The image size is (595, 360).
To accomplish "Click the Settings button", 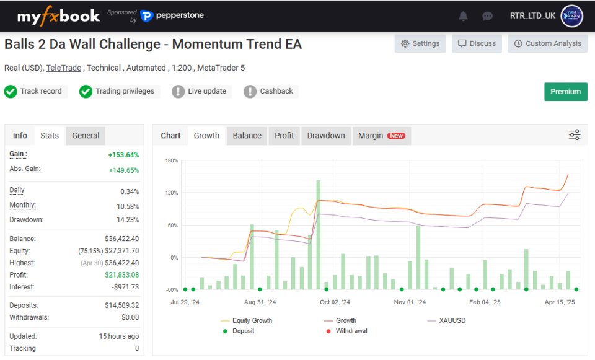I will click(x=420, y=43).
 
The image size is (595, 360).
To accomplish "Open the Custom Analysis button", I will click(x=548, y=43).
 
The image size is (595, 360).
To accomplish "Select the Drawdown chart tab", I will click(x=326, y=136).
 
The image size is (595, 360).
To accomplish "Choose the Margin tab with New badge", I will click(x=381, y=136).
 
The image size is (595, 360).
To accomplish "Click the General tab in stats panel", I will click(x=86, y=136).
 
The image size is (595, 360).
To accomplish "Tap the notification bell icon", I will click(x=463, y=16).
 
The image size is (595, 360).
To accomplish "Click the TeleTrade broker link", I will click(x=63, y=68).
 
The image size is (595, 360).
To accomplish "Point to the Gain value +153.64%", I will click(x=124, y=155).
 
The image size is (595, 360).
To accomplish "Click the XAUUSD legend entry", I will click(x=452, y=320).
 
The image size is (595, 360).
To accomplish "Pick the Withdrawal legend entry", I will click(x=351, y=331).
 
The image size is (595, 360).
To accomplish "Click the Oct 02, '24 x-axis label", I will click(x=335, y=302).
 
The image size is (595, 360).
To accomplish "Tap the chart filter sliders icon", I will click(x=575, y=135).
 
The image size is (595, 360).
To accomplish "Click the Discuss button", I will click(x=477, y=43).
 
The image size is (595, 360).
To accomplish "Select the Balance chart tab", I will click(x=247, y=136).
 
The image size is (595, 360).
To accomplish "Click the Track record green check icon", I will click(x=11, y=92).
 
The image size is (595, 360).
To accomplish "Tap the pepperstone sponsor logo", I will click(x=172, y=15).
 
